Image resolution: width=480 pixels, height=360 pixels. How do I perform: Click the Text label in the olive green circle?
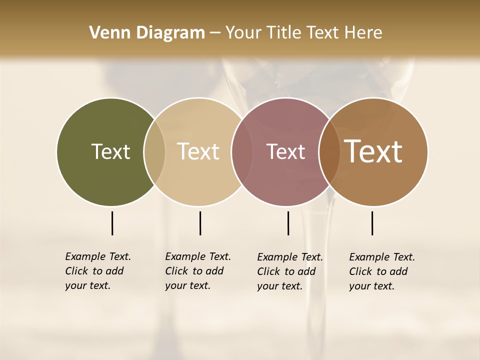click(x=110, y=151)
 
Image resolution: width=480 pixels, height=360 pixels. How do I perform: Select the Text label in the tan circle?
click(x=198, y=151)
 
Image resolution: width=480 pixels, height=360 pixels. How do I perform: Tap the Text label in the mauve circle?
click(x=285, y=151)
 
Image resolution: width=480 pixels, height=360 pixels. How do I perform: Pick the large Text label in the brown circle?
click(x=373, y=151)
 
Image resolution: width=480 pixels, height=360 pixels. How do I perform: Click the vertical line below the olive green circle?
click(x=112, y=223)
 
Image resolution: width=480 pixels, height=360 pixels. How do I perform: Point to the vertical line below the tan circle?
click(x=200, y=223)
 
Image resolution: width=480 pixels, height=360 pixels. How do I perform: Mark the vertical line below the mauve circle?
click(x=288, y=223)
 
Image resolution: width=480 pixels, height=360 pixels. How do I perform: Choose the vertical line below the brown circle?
click(x=372, y=223)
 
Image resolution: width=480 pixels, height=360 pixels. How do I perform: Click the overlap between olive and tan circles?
click(x=154, y=151)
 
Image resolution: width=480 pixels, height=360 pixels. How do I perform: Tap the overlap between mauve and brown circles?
click(x=329, y=151)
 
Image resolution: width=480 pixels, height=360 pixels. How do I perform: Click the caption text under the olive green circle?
click(x=97, y=271)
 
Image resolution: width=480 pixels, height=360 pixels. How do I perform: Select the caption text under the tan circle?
click(x=197, y=271)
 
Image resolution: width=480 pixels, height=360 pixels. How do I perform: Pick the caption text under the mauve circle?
click(x=289, y=271)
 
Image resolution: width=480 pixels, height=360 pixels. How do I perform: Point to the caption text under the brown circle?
click(x=381, y=271)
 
